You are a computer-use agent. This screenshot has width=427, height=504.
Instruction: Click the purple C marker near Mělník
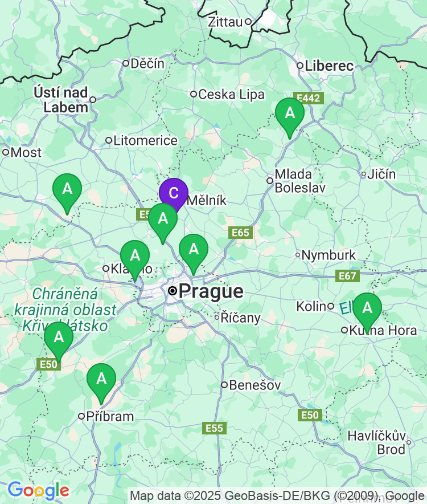coord(174,194)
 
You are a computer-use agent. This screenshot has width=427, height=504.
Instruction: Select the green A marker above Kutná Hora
coord(367,308)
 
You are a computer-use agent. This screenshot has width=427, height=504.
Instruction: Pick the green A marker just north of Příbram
coord(101,379)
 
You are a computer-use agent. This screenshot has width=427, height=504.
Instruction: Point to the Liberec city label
coord(329,66)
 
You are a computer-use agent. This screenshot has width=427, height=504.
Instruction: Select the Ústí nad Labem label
coord(61,99)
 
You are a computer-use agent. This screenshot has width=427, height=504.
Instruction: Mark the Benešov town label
coord(254,385)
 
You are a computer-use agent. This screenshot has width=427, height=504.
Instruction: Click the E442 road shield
coord(308,98)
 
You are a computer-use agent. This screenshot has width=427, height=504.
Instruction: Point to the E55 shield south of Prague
coord(215,428)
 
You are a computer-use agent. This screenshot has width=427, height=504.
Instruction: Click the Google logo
coord(38,490)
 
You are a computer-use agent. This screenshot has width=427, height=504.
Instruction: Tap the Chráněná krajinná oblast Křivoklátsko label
coord(65,310)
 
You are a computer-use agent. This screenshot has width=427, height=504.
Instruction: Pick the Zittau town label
coord(226,22)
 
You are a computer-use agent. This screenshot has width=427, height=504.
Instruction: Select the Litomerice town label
coord(145,140)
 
